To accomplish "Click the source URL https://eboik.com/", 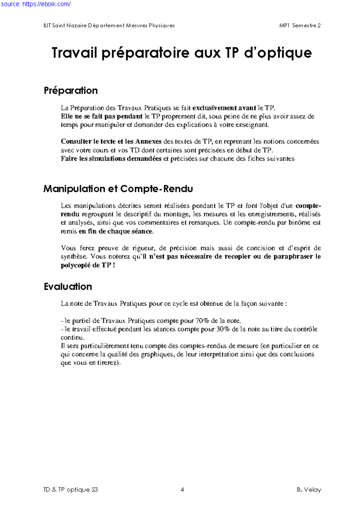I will click(x=36, y=4).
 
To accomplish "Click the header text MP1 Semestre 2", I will click(x=300, y=26).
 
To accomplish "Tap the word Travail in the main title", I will click(x=75, y=53).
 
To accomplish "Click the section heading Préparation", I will click(x=71, y=91).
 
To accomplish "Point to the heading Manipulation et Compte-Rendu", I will click(x=118, y=189).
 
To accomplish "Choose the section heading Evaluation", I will click(x=68, y=287).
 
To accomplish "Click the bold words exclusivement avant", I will click(x=224, y=108).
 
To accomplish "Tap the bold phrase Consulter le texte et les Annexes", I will click(x=111, y=142).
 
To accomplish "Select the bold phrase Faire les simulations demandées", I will click(x=111, y=159).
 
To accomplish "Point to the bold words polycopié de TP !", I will click(x=88, y=265).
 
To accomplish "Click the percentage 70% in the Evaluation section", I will click(x=202, y=321).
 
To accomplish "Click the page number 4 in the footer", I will click(x=182, y=490).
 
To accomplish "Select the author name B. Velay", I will click(x=309, y=490).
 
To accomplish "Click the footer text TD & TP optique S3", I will click(x=70, y=490).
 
